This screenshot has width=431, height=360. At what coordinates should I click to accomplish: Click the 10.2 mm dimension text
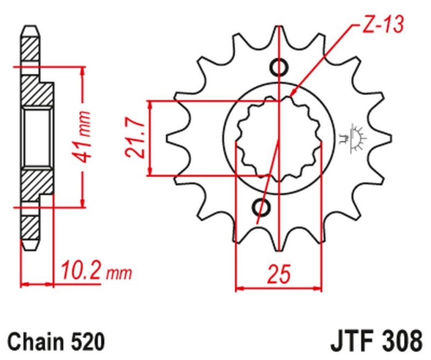95,272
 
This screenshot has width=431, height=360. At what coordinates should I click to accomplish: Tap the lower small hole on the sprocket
263,206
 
